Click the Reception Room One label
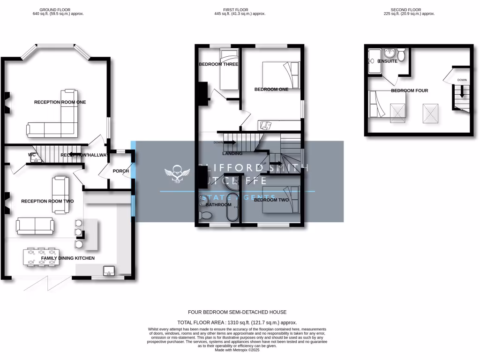coord(60,102)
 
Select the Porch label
coord(120,171)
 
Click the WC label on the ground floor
coord(32,154)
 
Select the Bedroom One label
coord(271,90)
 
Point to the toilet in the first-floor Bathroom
coord(205,215)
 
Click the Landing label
coord(232,153)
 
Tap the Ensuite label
coord(388,61)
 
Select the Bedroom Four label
coord(409,90)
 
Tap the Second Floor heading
coord(406,9)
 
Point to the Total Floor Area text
coord(237,322)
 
